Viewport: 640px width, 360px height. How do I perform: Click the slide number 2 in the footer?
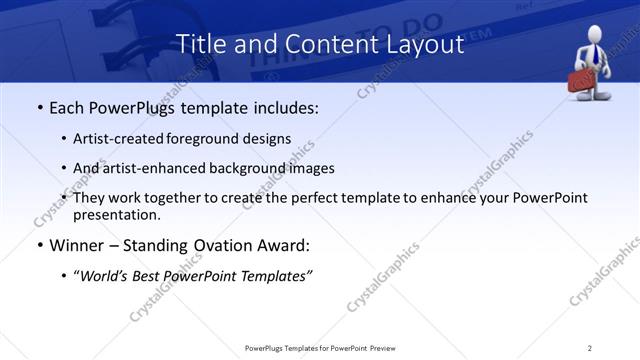[x=590, y=347]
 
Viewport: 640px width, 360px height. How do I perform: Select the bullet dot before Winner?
[x=39, y=245]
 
